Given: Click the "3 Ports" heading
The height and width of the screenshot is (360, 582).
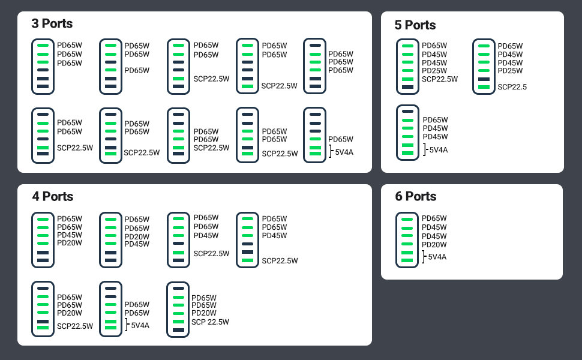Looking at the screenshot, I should click(52, 24).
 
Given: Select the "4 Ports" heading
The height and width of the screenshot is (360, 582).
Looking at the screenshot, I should click(53, 197).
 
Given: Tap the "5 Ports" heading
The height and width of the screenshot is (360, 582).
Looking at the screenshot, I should click(415, 25).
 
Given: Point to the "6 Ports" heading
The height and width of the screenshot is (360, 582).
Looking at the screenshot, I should click(416, 197).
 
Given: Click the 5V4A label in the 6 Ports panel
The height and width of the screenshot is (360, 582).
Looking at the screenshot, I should click(437, 257).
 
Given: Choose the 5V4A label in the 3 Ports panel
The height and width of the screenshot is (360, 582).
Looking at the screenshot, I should click(344, 152).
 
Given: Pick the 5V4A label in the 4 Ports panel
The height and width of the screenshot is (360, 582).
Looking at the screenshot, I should click(140, 326).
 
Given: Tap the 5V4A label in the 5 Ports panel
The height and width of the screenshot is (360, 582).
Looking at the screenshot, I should click(438, 150).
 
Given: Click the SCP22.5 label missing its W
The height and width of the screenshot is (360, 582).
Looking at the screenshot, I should click(512, 87).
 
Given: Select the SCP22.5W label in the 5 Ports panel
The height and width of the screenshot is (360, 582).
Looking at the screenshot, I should click(440, 79).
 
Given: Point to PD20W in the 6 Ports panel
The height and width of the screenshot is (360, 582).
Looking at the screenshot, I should click(434, 245).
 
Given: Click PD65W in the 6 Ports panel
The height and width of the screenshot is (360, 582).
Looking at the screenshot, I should click(434, 218).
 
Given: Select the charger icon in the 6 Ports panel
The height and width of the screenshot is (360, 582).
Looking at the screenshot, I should click(407, 240).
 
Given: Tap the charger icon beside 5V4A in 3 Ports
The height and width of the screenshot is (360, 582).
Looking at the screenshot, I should click(315, 135).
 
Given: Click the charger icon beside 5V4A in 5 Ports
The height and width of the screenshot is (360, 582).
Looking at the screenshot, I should click(408, 133).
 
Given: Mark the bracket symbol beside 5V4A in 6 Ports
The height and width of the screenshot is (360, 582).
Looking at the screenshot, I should click(424, 257).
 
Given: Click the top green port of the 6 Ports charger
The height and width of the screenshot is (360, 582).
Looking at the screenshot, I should click(407, 220).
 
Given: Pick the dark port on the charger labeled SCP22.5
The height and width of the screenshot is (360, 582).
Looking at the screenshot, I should click(484, 79).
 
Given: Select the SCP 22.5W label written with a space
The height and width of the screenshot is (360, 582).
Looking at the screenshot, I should click(210, 322).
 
